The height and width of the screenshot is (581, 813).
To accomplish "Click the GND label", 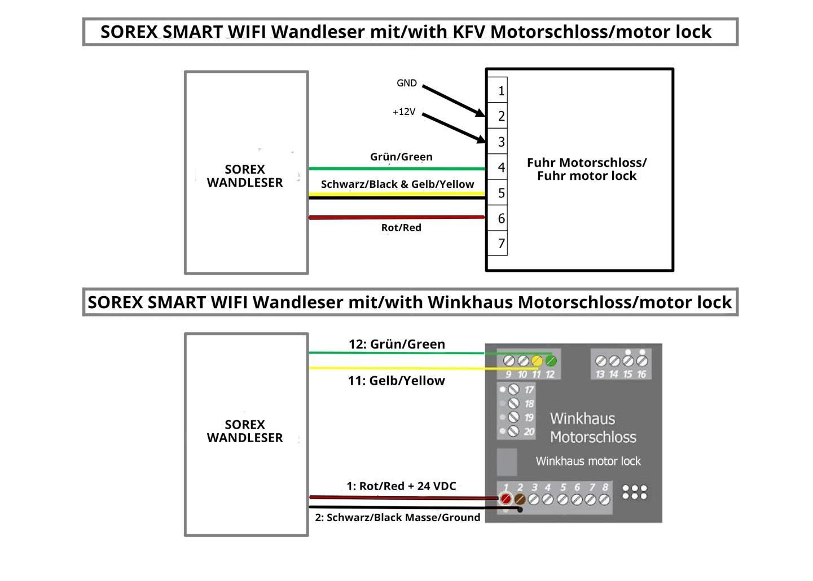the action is pos(406,83).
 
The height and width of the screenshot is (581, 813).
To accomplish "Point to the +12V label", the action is pos(404,112).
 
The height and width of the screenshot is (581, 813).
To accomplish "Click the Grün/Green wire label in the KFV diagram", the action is pos(401,157).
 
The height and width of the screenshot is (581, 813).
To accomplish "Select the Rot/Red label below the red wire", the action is pos(401,227).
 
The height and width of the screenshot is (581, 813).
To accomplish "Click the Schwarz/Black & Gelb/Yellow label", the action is pos(397,184).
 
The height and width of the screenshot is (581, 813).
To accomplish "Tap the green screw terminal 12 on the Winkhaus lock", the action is pos(551,360).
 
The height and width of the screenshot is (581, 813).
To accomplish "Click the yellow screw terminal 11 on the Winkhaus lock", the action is pos(537,360).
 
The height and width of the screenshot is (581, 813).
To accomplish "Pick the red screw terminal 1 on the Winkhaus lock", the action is pos(506,499).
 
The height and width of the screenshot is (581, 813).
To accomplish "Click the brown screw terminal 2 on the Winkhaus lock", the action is pos(520,499).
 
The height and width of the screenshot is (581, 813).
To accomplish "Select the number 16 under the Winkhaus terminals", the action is pos(641,374).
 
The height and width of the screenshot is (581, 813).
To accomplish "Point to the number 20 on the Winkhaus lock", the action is pos(529,432).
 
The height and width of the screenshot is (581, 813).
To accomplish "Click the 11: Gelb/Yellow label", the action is pos(396,381).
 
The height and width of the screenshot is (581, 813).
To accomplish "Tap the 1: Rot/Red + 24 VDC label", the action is pos(401,486).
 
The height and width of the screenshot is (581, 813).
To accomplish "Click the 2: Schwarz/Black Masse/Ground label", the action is pos(397,517).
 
